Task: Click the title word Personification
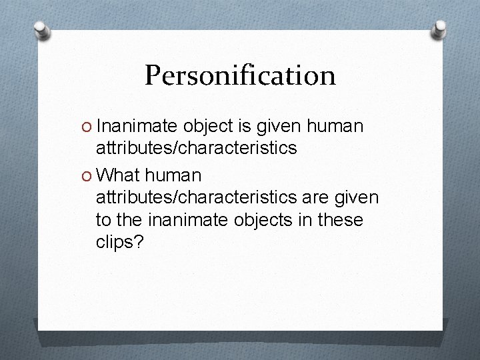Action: pos(240,75)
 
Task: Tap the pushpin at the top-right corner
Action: pos(441,28)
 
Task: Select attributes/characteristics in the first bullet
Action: pos(196,148)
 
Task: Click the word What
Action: pos(119,176)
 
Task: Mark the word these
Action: pos(339,220)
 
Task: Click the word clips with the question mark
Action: pos(119,243)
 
